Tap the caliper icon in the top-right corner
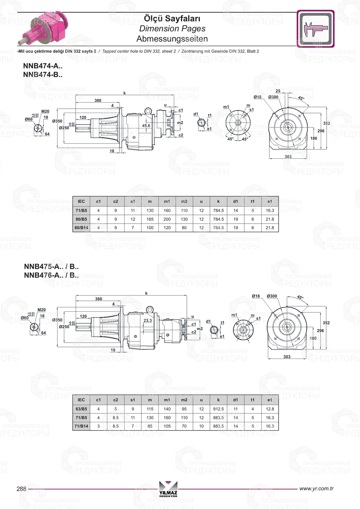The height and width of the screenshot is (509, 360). click(x=315, y=29)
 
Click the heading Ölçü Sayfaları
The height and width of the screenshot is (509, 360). click(x=172, y=18)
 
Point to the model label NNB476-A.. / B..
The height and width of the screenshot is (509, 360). click(x=51, y=275)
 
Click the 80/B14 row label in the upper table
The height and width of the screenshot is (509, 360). click(x=81, y=228)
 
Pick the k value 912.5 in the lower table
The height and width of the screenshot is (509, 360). click(x=218, y=409)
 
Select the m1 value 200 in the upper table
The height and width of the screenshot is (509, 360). click(x=167, y=219)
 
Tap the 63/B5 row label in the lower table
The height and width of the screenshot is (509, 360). click(x=81, y=409)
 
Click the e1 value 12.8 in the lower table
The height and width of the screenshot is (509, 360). click(x=270, y=409)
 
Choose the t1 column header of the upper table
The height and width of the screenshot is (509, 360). click(x=253, y=202)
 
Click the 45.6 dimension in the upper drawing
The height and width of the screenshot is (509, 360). click(x=146, y=126)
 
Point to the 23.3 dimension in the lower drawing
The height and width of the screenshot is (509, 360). click(x=148, y=320)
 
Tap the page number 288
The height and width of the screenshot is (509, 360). click(x=22, y=489)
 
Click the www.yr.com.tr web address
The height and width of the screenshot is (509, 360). click(x=316, y=488)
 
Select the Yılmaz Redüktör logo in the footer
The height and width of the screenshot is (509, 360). click(x=168, y=489)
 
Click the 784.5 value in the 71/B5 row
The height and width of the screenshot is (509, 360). click(x=218, y=211)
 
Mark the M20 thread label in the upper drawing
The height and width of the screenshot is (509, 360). click(x=45, y=112)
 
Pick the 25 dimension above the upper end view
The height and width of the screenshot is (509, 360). click(x=278, y=91)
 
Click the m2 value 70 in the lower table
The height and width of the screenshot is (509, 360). click(x=184, y=426)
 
